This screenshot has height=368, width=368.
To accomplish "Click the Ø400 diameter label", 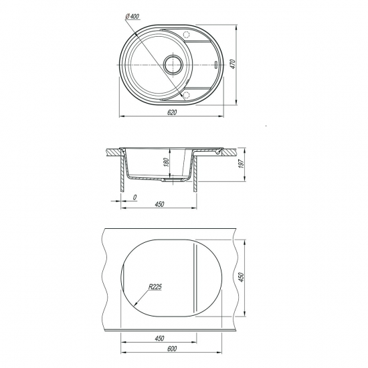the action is [132, 16].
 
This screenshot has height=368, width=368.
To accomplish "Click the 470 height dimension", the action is [233, 64].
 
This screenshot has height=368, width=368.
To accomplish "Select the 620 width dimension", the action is [172, 112].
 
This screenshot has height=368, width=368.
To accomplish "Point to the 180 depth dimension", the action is [166, 163].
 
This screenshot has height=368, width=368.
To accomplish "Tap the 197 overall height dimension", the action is [242, 163].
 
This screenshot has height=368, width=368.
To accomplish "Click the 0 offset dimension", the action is [134, 197].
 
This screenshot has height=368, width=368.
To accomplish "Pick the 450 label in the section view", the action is [159, 204].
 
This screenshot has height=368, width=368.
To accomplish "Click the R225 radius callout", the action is [155, 287].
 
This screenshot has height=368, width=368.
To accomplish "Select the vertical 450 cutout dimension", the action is [242, 277].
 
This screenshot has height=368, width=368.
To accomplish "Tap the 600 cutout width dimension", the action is [172, 349].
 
